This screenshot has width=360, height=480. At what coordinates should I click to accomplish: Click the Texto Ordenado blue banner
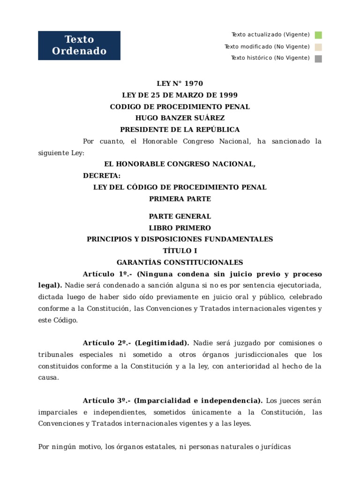point(79,45)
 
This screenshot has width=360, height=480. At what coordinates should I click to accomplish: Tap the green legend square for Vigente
point(318,35)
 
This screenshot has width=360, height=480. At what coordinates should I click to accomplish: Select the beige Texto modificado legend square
point(318,47)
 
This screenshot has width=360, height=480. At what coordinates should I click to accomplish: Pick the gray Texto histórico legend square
point(318,59)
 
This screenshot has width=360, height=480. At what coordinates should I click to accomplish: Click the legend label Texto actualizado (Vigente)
point(270,35)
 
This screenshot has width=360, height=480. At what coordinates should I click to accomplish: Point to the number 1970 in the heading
point(194,84)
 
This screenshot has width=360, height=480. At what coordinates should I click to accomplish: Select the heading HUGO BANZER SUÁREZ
point(180,118)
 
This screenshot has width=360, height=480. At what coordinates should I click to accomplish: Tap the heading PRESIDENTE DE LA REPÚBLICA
point(180,129)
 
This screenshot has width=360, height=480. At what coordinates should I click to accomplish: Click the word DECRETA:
point(102,176)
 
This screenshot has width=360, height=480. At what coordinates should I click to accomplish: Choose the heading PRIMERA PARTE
point(180,199)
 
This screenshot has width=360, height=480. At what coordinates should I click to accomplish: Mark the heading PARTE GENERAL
point(180,217)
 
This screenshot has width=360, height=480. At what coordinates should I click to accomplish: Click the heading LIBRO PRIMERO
point(180,228)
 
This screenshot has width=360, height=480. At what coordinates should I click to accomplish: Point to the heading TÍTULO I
point(180,251)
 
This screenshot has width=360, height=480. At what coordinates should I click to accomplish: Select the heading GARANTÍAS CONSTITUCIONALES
point(180,262)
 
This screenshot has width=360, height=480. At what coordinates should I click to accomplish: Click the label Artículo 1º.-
point(105,274)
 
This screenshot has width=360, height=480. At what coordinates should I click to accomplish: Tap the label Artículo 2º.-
point(105,343)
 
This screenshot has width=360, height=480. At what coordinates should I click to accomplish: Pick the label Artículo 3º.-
point(105,401)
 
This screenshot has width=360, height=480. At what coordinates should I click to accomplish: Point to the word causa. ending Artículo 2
point(48,377)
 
